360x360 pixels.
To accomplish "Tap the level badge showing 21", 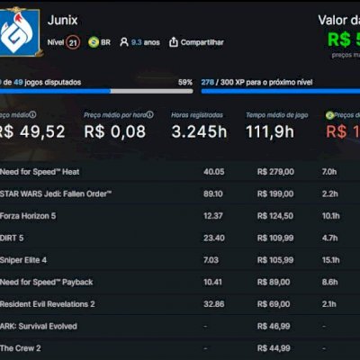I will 72,42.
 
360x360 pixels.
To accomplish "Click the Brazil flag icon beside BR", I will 93,42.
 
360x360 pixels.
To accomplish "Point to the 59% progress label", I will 184,82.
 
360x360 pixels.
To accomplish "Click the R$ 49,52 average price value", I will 33,131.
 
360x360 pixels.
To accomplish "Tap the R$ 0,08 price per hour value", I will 114,131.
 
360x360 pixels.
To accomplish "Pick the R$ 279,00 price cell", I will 275,171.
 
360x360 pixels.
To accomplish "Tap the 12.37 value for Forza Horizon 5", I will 213,216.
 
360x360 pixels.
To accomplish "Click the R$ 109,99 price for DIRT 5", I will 275,238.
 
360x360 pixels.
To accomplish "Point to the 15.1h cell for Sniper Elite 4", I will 329,260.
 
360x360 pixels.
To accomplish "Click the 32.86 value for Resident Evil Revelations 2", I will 213,304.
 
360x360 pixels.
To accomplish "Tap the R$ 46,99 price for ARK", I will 275,326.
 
